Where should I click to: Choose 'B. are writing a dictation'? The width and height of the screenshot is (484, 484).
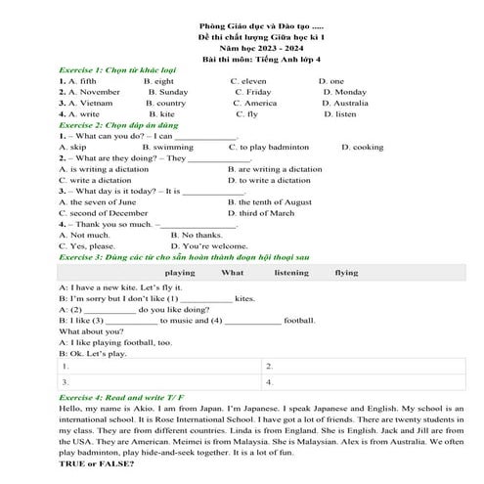[x=275, y=168]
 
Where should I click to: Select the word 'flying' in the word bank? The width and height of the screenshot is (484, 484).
[x=346, y=273]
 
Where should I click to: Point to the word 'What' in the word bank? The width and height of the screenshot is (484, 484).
[x=233, y=273]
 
